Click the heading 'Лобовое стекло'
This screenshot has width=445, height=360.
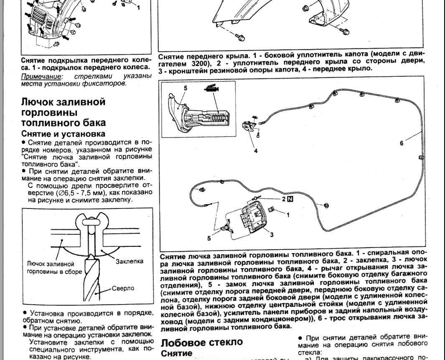click(x=201, y=342)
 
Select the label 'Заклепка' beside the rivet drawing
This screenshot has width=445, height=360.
click(x=129, y=261)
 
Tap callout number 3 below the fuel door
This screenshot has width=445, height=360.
click(x=271, y=234)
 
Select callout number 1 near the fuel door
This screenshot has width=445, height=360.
click(x=287, y=214)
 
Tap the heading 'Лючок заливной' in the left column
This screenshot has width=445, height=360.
click(x=57, y=102)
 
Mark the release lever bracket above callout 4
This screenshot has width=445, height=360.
click(x=249, y=126)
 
